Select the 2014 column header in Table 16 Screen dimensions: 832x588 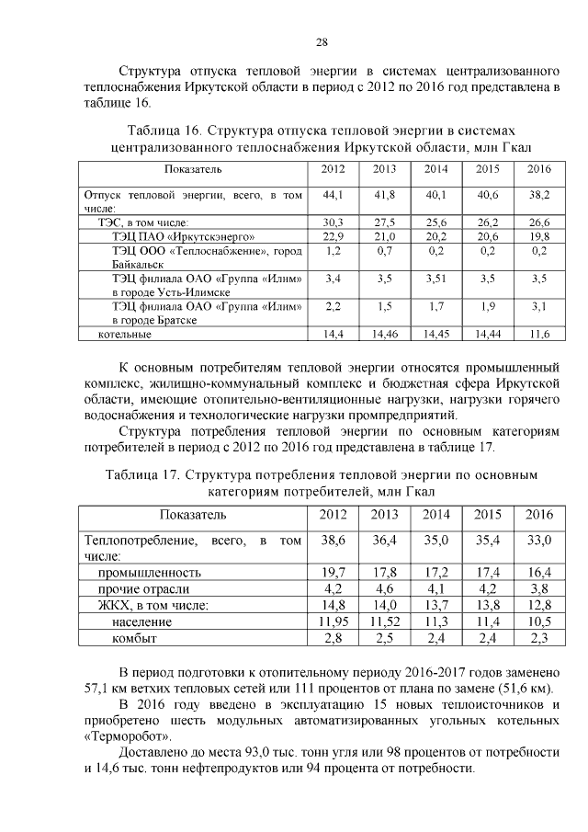click(436, 170)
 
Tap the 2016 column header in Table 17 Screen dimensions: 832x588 click(538, 514)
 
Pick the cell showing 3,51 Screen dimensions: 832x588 click(436, 277)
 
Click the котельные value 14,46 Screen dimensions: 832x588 click(385, 334)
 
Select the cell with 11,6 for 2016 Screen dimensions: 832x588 click(539, 334)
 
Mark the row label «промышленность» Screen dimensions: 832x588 click(151, 573)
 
